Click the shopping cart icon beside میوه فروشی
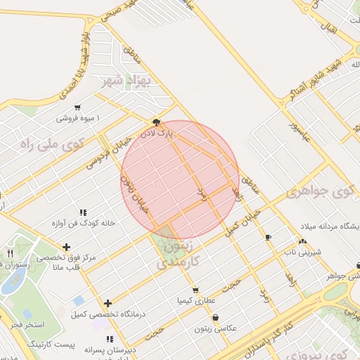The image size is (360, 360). click(77, 108)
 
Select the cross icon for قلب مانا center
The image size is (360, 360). click(66, 247)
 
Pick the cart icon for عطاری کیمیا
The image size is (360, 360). click(195, 290)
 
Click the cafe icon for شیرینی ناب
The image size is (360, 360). click(267, 238)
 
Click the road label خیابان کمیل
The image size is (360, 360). click(243, 220)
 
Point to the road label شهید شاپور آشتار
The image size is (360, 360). click(316, 79)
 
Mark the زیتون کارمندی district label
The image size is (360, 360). click(175, 255)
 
